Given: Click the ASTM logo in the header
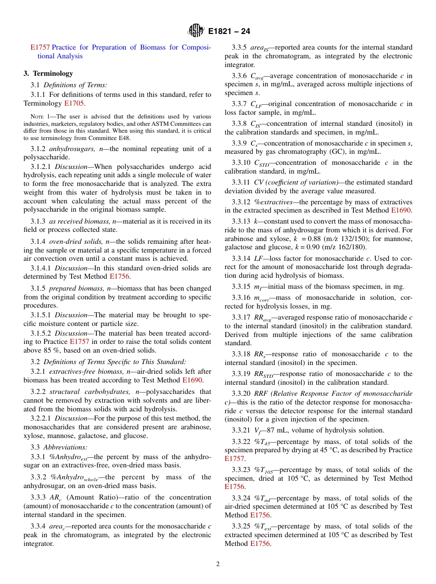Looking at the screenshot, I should tap(196, 32).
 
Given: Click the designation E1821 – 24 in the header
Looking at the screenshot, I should tap(229, 32).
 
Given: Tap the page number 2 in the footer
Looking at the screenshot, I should tap(218, 564).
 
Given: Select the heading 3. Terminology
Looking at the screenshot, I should tap(48, 73).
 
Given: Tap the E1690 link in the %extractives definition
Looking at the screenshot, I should tap(402, 210).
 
